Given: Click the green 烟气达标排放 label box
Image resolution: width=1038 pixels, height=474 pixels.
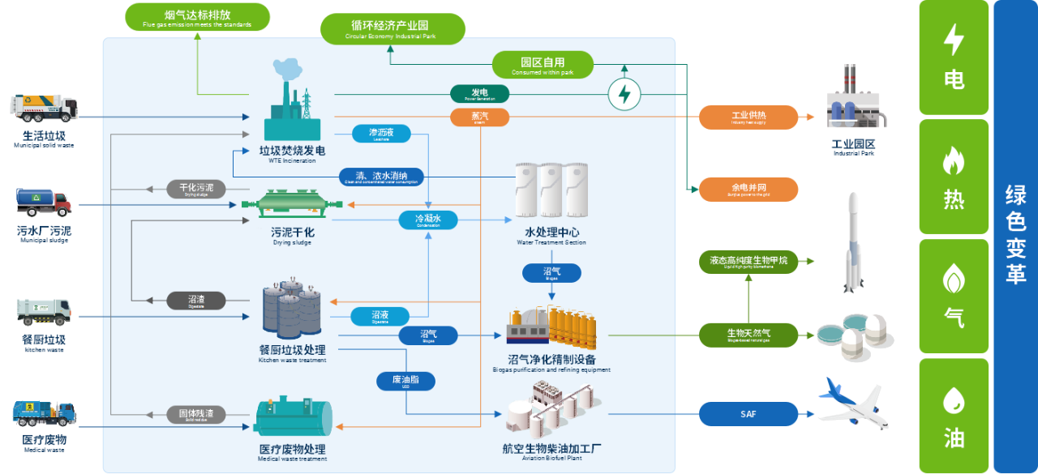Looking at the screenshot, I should coord(197,16).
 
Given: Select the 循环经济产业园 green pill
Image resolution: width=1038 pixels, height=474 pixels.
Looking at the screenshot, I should coord(392,28).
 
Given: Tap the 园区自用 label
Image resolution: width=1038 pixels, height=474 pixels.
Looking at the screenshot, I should coord(543,65).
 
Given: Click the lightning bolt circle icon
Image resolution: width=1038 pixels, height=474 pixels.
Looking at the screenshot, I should coord(624,94).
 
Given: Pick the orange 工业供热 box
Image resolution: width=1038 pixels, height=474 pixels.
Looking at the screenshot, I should coord(748,117).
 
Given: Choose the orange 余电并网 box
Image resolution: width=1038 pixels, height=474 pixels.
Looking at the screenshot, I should coord(748,189).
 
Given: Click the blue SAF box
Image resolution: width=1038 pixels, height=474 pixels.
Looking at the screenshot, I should coord(748,414).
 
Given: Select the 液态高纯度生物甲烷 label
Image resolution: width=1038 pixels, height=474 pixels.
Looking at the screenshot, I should coord(748,262).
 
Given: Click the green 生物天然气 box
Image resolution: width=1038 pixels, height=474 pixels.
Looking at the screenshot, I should coord(748,334).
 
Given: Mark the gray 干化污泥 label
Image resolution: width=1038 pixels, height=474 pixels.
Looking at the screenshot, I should coord(195,189).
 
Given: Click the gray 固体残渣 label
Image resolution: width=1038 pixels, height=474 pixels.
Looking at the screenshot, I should coord(195,414).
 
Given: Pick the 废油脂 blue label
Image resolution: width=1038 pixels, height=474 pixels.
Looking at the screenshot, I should coord(406,380).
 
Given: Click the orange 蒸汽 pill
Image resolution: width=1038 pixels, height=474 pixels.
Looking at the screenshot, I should coord(479,117).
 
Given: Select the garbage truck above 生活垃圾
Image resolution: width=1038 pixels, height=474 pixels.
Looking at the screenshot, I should coord(45,109).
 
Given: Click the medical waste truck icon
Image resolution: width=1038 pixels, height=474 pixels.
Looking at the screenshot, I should coord(45,413).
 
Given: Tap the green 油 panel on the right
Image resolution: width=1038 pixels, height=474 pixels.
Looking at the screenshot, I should coord(954,414).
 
